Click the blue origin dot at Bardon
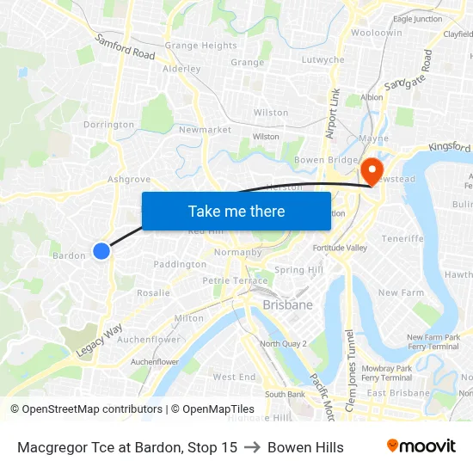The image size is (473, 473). tap(101, 250)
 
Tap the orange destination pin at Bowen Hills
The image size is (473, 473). tap(372, 169)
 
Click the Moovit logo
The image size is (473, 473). tap(421, 446)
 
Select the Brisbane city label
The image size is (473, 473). tap(287, 304)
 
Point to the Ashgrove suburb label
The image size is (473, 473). tap(128, 180)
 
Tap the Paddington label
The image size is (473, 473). tap(180, 264)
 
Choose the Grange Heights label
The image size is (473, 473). tap(200, 46)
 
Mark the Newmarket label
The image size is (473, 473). tap(205, 130)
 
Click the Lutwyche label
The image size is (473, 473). tap(323, 60)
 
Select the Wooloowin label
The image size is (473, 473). tap(376, 32)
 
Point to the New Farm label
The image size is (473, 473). tap(401, 292)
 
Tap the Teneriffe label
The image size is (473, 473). tap(402, 238)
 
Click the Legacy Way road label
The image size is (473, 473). tap(101, 340)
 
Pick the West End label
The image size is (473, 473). tap(234, 377)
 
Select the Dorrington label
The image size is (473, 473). tap(108, 125)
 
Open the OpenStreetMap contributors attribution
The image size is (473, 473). tap(88, 409)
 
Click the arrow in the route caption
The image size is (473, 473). tap(252, 447)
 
